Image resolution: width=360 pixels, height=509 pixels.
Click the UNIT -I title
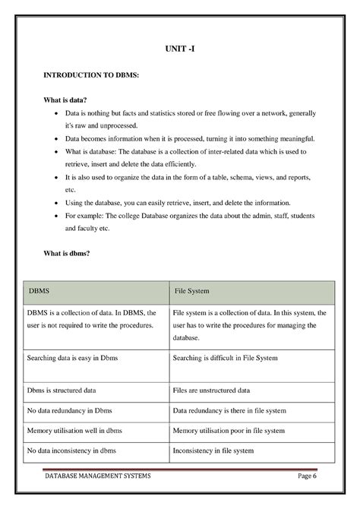[181, 49]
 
